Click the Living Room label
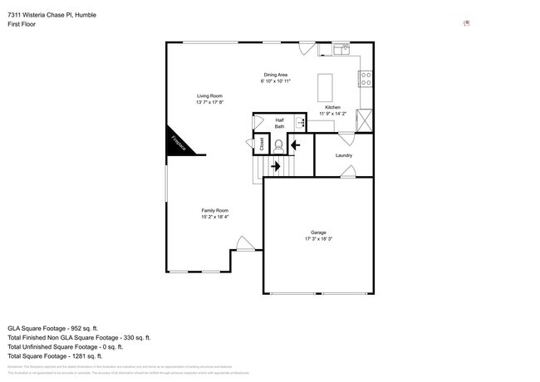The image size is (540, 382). coord(209,96)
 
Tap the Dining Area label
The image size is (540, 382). coord(275,76)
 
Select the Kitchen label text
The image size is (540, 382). coord(332,108)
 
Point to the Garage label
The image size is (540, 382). coord(318,232)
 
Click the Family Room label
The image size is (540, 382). coord(214,210)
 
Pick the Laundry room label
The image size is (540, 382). coord(344,155)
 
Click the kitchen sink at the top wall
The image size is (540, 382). coord(342,50)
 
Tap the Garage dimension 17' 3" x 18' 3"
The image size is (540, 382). coord(318,239)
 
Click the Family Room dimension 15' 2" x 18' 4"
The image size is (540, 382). coord(214,218)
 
